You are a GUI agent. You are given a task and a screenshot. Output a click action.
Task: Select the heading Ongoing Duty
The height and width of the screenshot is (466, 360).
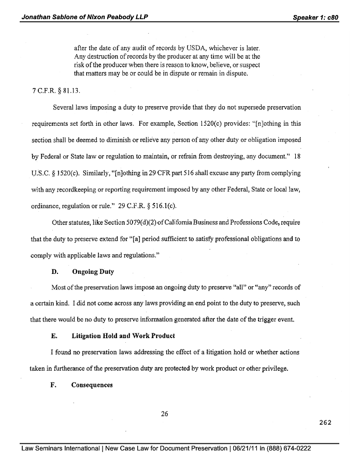pyautogui.click(x=93, y=271)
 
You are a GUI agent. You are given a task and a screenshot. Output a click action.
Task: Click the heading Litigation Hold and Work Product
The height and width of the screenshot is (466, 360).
pyautogui.click(x=123, y=336)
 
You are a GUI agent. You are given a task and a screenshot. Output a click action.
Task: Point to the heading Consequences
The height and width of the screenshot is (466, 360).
pyautogui.click(x=92, y=385)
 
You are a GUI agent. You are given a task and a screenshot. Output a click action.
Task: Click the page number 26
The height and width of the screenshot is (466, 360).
pyautogui.click(x=165, y=413)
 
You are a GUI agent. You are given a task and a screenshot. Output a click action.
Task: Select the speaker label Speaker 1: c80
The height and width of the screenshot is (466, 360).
pyautogui.click(x=315, y=17)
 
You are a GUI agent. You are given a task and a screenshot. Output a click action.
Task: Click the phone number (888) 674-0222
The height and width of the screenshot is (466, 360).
pyautogui.click(x=291, y=448)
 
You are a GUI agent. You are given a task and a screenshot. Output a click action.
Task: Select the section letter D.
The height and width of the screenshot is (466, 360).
pyautogui.click(x=54, y=271)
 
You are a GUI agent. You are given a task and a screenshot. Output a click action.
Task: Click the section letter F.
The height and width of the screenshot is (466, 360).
pyautogui.click(x=54, y=385)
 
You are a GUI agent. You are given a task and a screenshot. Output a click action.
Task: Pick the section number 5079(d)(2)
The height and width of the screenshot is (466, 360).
pyautogui.click(x=141, y=223)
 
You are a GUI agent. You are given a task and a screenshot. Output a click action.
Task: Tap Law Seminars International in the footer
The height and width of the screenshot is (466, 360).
pyautogui.click(x=61, y=448)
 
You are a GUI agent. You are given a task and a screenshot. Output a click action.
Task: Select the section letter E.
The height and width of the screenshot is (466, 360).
pyautogui.click(x=54, y=336)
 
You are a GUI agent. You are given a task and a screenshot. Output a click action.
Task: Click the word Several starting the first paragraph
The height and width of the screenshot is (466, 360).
pyautogui.click(x=65, y=108)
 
